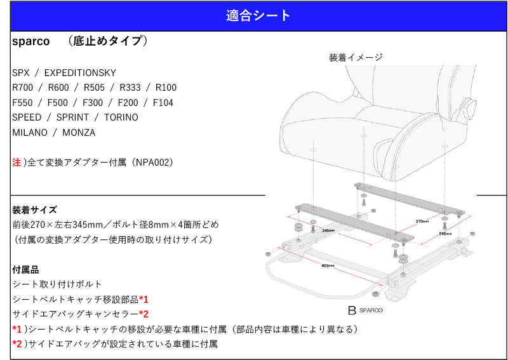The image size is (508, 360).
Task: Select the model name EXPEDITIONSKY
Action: (80, 73)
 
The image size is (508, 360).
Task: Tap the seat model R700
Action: (23, 88)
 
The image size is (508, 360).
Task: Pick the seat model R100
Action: (166, 88)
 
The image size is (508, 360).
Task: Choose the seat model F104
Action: (163, 103)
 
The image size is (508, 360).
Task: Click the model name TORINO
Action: (121, 117)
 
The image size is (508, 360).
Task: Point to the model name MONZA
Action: (79, 133)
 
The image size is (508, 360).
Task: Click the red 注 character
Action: (17, 163)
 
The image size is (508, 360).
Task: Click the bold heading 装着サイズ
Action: (34, 210)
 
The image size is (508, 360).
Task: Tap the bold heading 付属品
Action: (25, 270)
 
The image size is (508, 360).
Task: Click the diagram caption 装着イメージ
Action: (356, 57)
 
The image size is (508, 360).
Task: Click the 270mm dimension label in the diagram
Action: (422, 222)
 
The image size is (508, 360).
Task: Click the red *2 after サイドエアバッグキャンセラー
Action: (144, 314)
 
